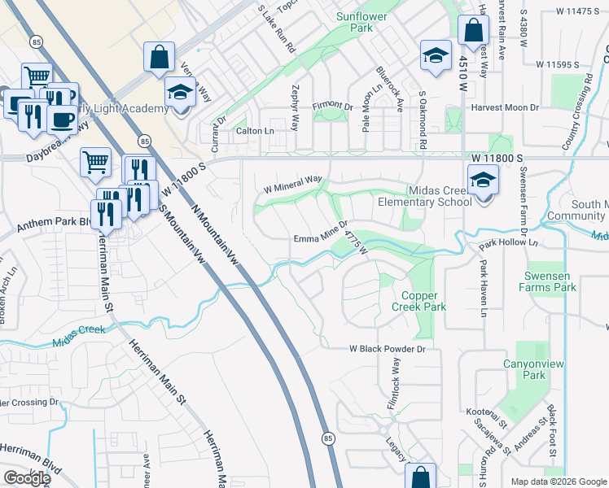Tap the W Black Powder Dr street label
[x=388, y=349]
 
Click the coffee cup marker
[x=62, y=119]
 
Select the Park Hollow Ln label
[x=509, y=243]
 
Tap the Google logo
[x=27, y=478]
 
